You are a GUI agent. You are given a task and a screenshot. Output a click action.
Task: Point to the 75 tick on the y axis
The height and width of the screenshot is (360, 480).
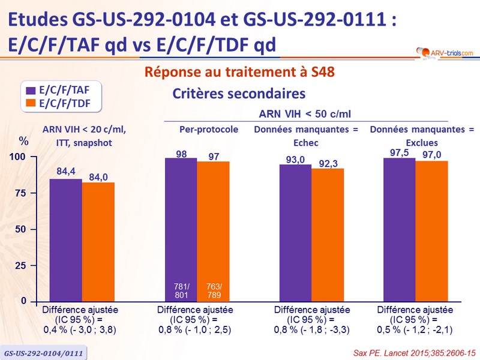(x=22, y=193)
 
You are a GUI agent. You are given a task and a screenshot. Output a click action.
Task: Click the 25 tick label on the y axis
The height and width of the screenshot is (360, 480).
(x=22, y=265)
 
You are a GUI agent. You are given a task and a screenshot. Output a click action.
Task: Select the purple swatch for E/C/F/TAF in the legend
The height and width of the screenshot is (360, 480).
(x=31, y=91)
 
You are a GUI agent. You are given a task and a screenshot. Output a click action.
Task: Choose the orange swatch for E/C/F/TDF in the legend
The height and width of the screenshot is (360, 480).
(x=31, y=103)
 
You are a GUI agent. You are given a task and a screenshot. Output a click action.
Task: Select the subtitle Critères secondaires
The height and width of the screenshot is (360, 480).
(x=239, y=94)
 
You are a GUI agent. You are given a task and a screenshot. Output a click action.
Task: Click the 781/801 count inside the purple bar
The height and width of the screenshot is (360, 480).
(x=181, y=291)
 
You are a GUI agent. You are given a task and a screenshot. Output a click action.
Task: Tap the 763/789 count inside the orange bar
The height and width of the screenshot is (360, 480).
(x=213, y=291)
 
